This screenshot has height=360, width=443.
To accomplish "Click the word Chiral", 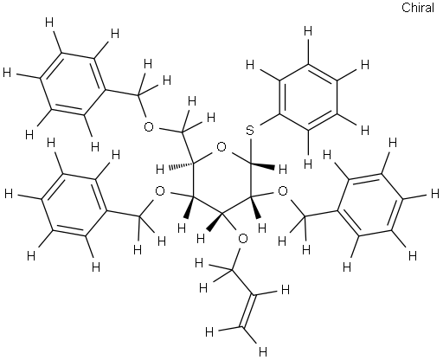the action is (418, 8).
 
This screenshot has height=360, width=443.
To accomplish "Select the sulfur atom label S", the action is (250, 131).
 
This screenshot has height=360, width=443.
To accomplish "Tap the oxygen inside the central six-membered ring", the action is (221, 148).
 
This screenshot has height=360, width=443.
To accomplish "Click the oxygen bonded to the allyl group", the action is (243, 239).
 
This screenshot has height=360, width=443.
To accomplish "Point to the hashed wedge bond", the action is (180, 165).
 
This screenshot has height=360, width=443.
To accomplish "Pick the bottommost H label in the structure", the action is (263, 351).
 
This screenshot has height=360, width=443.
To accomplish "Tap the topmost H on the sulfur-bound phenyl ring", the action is (308, 30).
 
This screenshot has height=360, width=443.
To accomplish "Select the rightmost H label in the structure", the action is (435, 194).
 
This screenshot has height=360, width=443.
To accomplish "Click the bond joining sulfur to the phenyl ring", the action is (269, 120).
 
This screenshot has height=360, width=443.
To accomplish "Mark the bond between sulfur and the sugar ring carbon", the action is (251, 151).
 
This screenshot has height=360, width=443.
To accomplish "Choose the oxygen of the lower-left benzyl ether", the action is (160, 191).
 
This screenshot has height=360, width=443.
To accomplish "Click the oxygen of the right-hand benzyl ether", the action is (283, 191).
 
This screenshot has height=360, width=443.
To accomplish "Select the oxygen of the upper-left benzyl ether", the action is (149, 127).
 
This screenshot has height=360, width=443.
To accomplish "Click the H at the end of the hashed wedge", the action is (160, 170).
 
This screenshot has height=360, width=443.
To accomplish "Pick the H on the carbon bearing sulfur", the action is (283, 170).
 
